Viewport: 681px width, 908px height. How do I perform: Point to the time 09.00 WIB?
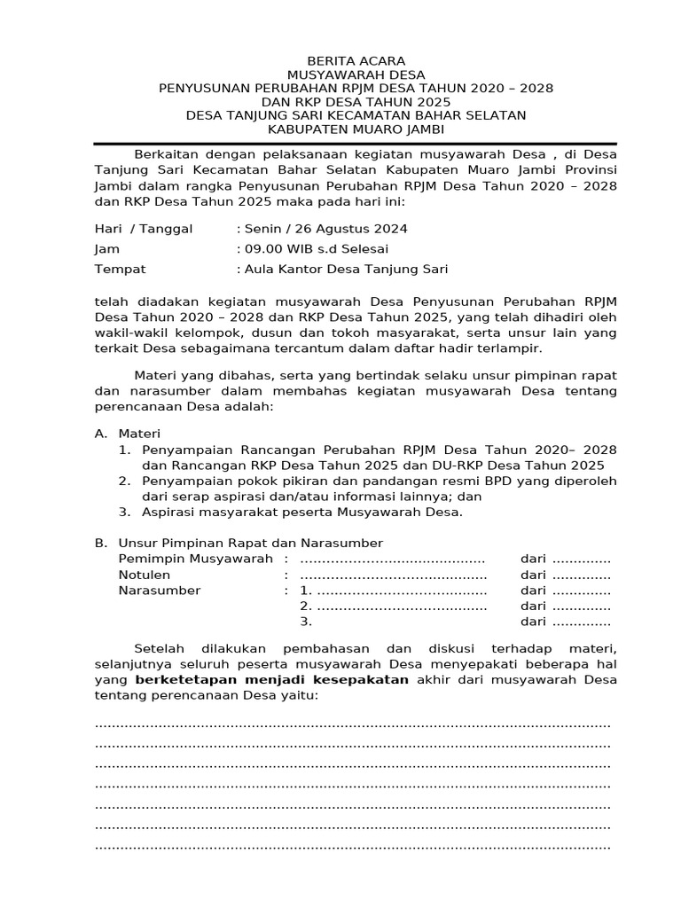point(276,249)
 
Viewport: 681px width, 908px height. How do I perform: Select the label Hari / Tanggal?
point(144,229)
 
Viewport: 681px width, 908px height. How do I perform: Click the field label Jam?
point(106,249)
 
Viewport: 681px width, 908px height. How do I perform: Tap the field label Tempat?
point(120,270)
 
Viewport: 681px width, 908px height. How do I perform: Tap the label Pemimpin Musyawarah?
point(195,559)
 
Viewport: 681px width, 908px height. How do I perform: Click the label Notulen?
point(145,575)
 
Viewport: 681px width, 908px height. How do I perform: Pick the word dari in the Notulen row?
point(533,575)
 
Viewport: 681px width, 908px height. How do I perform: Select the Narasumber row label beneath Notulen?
point(160,591)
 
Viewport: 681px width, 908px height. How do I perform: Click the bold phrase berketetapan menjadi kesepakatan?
point(271,679)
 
